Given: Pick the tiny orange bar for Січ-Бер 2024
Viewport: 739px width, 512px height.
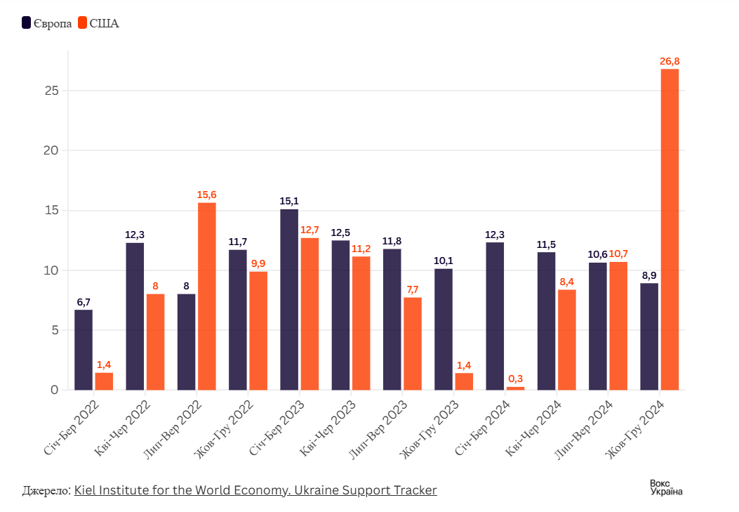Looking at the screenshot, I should click(x=515, y=388).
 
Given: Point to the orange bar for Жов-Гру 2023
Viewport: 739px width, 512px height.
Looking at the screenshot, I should click(x=464, y=381).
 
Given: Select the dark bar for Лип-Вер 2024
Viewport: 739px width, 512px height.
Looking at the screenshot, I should click(x=598, y=326).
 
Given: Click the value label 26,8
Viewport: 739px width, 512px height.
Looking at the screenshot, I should click(x=670, y=62).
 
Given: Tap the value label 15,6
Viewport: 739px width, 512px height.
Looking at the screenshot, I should click(x=207, y=195).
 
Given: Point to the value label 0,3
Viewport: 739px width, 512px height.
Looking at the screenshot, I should click(x=515, y=379).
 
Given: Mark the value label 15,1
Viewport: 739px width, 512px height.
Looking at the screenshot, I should click(x=289, y=201).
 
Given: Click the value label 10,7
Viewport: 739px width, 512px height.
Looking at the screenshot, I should click(x=618, y=254).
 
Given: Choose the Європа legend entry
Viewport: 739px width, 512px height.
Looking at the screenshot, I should click(x=47, y=23).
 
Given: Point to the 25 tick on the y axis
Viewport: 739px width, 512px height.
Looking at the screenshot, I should click(x=50, y=91).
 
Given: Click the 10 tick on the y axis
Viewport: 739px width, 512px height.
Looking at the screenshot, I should click(x=50, y=270).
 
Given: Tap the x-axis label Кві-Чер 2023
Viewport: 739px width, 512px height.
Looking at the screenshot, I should click(x=328, y=428).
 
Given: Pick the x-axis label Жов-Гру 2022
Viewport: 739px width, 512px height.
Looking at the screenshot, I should click(x=225, y=428).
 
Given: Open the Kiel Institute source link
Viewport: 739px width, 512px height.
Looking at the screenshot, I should click(x=255, y=490).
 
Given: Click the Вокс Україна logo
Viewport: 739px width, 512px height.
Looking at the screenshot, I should click(x=665, y=487).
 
